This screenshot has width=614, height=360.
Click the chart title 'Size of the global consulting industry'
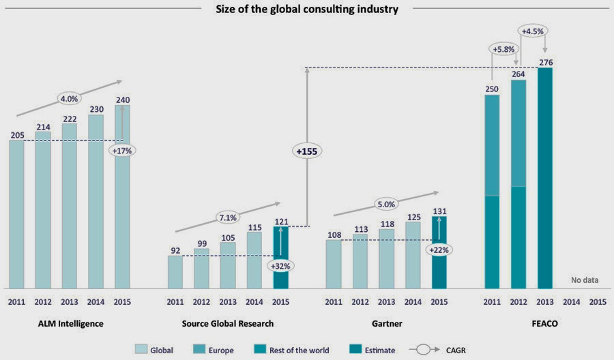click(306, 9)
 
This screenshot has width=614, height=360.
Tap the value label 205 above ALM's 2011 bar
click(17, 135)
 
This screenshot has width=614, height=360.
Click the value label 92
click(175, 250)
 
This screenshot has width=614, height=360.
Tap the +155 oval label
click(306, 151)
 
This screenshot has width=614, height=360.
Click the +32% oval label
click(280, 265)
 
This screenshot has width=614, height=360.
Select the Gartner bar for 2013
click(386, 258)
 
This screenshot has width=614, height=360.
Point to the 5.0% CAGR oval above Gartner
click(386, 202)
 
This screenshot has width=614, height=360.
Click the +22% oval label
click(439, 250)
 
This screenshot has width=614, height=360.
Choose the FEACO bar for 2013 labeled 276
click(545, 177)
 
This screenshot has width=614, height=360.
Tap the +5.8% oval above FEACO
click(503, 48)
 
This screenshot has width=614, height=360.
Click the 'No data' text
click(583, 280)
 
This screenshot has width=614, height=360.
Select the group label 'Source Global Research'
click(227, 323)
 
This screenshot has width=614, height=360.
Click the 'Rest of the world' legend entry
click(299, 350)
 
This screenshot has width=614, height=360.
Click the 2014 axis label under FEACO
click(572, 301)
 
